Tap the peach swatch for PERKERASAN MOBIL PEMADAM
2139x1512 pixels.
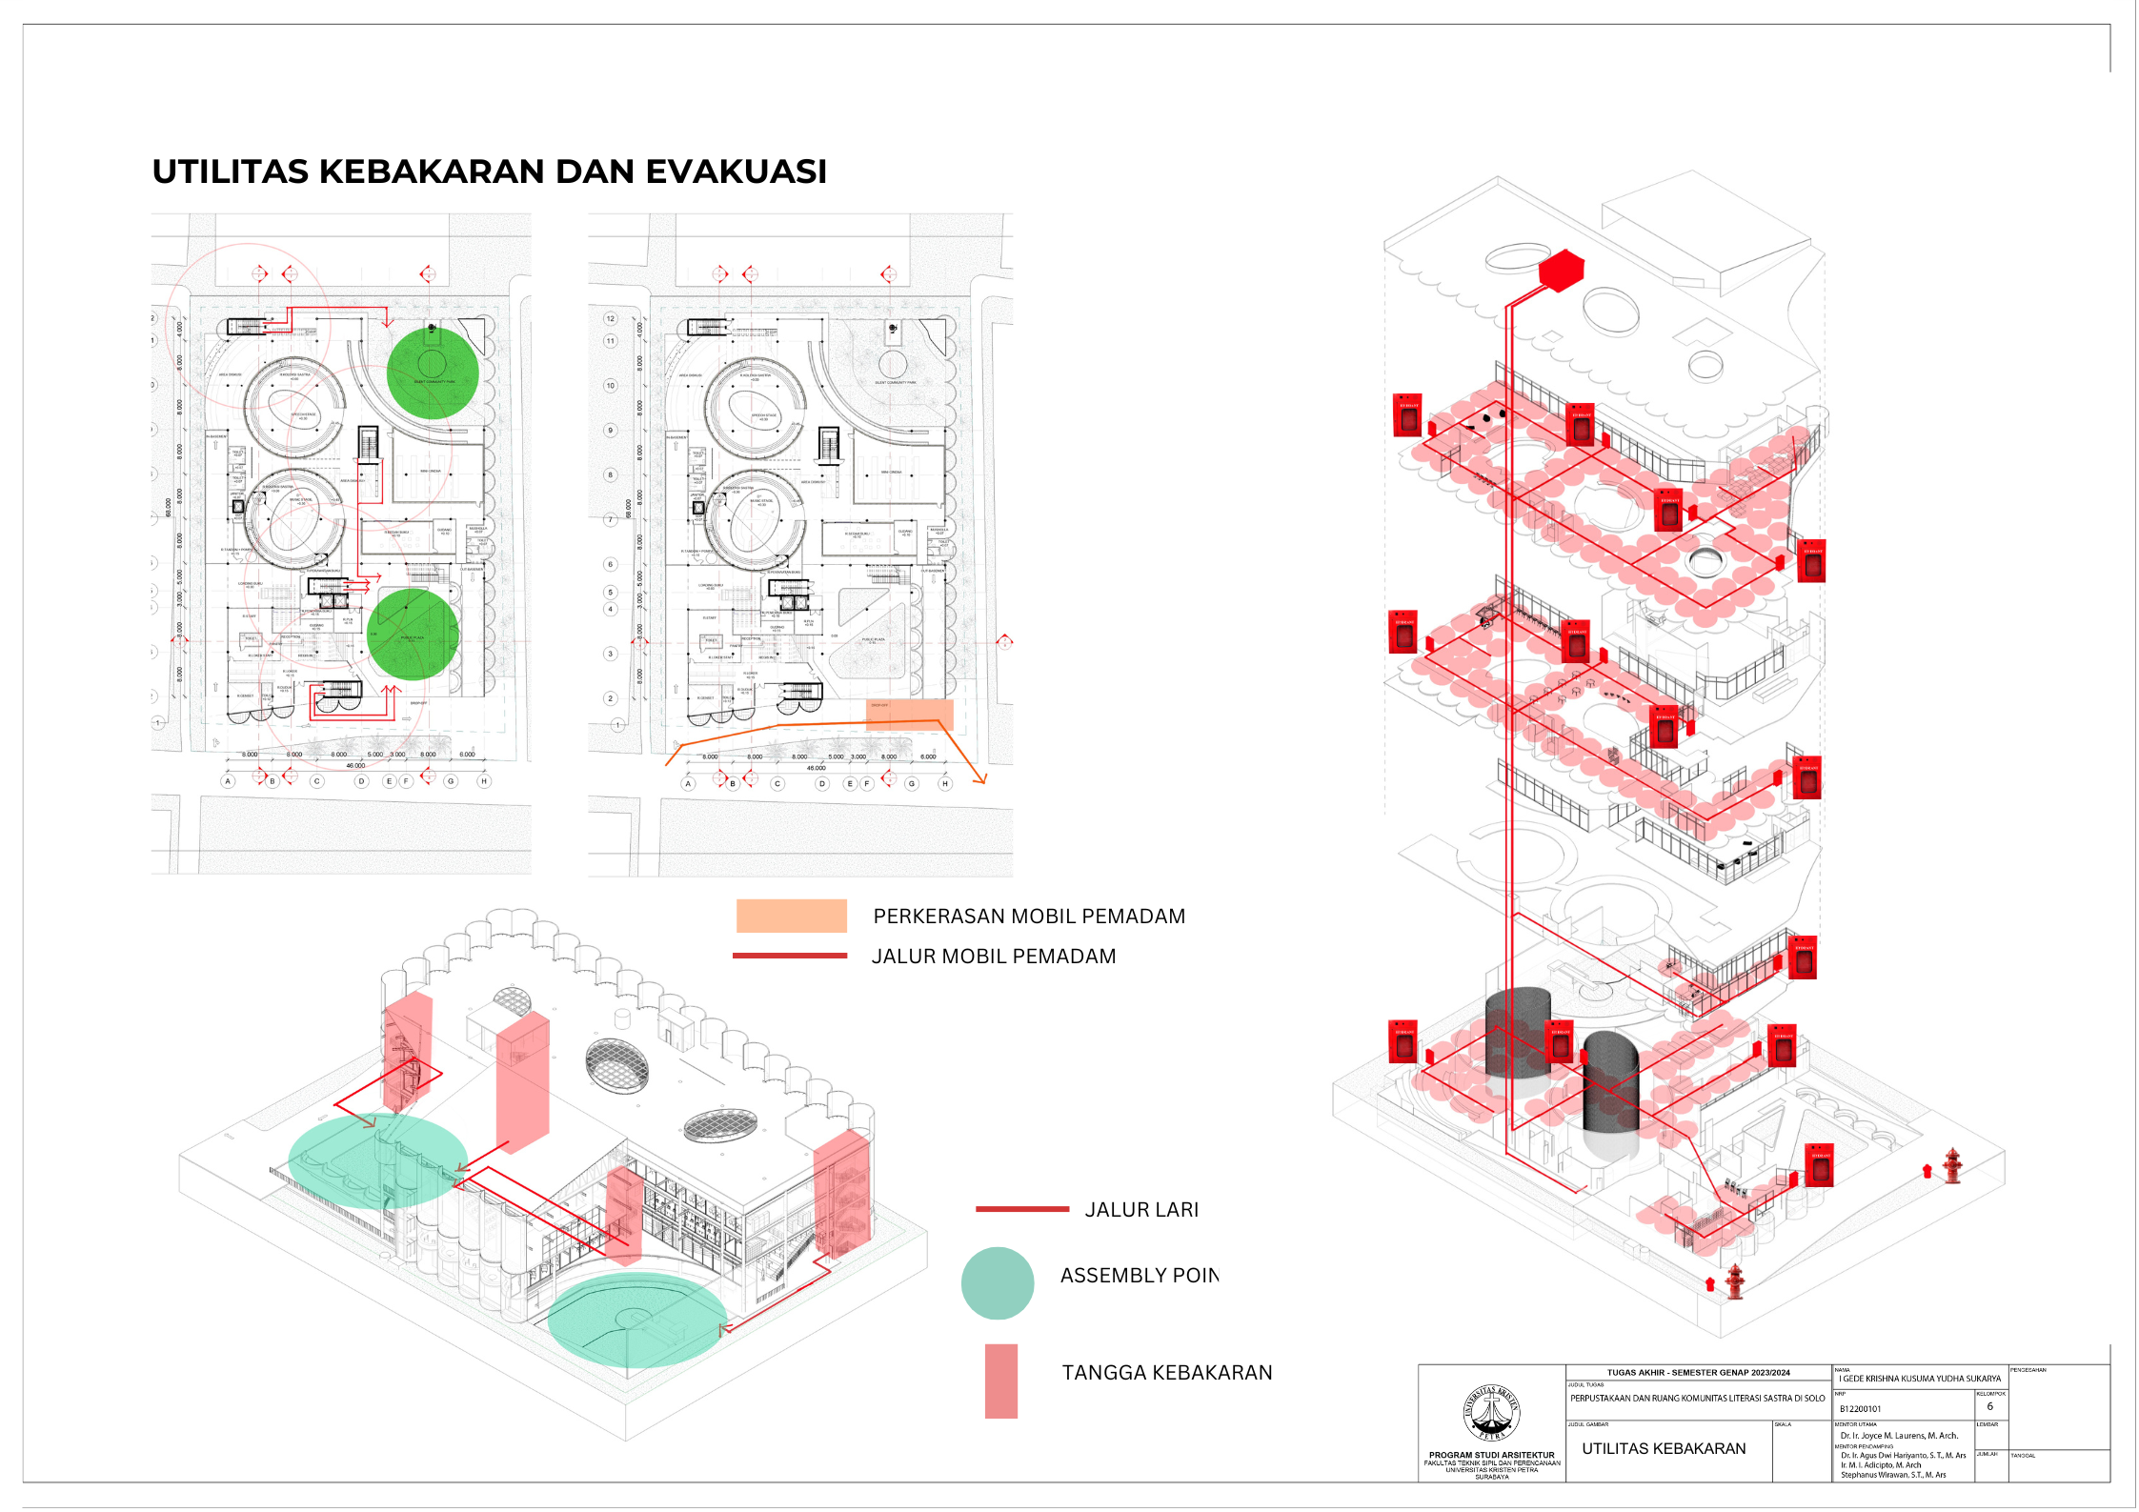tap(791, 916)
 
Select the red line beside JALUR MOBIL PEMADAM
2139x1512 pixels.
tap(790, 956)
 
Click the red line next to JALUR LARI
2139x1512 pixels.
tap(1021, 1209)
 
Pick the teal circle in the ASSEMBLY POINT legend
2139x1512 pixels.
tap(997, 1283)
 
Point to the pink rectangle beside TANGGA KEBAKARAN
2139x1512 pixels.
tap(1000, 1381)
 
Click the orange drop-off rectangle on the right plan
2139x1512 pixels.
tap(909, 714)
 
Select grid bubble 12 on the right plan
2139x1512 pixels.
tap(611, 318)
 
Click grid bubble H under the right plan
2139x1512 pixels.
tap(944, 784)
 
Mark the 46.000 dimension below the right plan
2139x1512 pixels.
tap(817, 768)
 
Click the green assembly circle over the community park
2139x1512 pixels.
tap(433, 373)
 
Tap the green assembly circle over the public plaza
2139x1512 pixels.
tap(414, 634)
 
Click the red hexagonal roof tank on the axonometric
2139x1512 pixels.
tap(1561, 270)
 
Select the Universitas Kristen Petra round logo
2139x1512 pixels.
tap(1491, 1413)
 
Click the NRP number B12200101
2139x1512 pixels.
tap(1860, 1409)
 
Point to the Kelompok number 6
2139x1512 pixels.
tap(1989, 1406)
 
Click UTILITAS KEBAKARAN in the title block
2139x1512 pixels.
tap(1664, 1448)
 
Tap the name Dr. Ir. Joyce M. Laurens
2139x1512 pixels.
tap(1898, 1436)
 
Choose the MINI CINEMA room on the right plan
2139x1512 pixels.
tap(892, 473)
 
